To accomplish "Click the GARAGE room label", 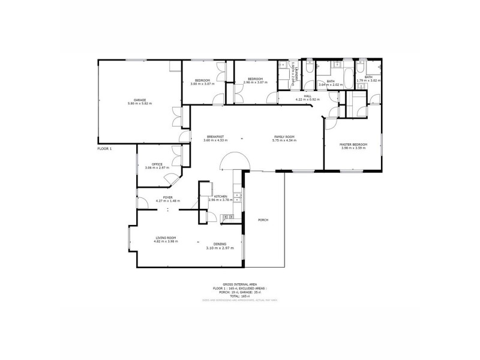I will click(140, 100).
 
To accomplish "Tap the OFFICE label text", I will click(157, 164).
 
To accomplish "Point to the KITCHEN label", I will click(220, 196).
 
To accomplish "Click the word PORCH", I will click(263, 220).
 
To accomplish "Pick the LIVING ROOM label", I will click(165, 239).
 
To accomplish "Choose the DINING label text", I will click(220, 244).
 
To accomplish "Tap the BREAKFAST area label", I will click(215, 137).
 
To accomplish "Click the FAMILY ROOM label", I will click(285, 137).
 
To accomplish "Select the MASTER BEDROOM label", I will click(353, 144).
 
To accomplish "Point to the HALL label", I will click(307, 95).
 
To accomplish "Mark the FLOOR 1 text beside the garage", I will click(104, 148).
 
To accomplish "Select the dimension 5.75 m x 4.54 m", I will click(285, 140).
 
